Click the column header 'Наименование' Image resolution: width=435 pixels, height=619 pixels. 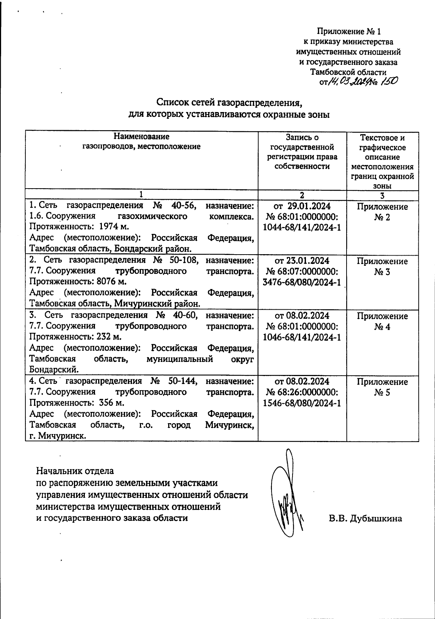tap(141, 137)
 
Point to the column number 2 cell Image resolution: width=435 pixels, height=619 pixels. tap(302, 195)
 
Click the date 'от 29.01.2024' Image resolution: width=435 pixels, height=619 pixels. tap(302, 206)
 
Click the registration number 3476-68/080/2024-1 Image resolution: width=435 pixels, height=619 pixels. tap(302, 282)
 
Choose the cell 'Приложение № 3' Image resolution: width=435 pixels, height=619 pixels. tap(382, 267)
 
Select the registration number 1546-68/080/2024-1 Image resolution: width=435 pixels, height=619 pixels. tap(302, 403)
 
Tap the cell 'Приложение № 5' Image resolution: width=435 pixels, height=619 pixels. tap(382, 387)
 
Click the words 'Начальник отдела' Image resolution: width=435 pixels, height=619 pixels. tap(75, 471)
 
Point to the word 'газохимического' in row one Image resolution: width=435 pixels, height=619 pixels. tap(153, 216)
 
